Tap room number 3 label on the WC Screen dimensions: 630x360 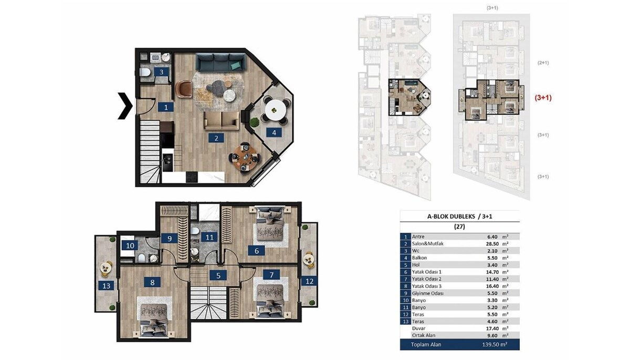(x=161, y=72)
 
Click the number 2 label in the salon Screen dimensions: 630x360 (x=216, y=138)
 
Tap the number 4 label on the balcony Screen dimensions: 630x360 (x=274, y=133)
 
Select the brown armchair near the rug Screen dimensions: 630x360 (x=184, y=89)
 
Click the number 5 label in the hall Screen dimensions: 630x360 (x=218, y=276)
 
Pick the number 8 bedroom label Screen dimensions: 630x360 (x=152, y=282)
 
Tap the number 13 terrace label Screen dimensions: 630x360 (x=106, y=286)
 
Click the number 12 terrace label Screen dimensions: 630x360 (x=309, y=281)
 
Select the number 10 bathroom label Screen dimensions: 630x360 (x=130, y=246)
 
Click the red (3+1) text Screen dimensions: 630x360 (x=543, y=98)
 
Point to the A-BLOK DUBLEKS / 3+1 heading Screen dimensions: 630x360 (x=460, y=216)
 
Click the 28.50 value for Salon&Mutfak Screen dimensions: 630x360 (x=492, y=244)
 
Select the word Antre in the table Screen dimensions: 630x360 (x=418, y=237)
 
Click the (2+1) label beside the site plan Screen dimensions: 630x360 (x=543, y=62)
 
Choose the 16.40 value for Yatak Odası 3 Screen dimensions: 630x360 (x=492, y=286)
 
